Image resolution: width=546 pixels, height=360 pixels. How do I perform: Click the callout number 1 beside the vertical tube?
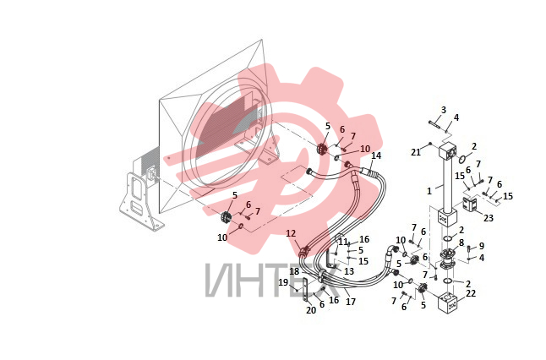coord(429,191)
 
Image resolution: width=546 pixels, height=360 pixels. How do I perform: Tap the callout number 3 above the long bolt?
coord(443,110)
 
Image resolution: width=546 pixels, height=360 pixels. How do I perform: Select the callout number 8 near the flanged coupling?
coord(461,243)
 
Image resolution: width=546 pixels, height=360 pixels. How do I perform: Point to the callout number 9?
coord(482,246)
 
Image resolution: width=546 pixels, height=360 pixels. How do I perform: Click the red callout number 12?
coord(291,233)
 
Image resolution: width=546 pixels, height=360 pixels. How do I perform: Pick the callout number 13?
coord(349,271)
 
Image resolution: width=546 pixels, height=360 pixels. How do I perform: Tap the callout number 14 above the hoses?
coord(376,155)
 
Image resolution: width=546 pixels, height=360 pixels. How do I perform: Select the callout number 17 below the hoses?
coord(351,302)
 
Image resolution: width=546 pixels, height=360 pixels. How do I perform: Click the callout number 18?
coord(294,271)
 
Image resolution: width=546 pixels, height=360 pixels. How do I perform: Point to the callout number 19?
coord(283,283)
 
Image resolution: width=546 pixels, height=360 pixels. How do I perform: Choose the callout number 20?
coord(311,310)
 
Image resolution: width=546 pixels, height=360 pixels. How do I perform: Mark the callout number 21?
coord(416,152)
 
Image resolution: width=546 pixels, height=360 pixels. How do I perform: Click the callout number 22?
coord(471,293)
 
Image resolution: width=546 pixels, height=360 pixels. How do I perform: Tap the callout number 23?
coord(489,218)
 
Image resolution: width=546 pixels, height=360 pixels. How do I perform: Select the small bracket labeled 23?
coord(469,204)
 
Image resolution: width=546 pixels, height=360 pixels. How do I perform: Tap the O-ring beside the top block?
coord(462,159)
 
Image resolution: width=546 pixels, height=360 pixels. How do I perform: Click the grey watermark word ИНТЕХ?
coord(273,281)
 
